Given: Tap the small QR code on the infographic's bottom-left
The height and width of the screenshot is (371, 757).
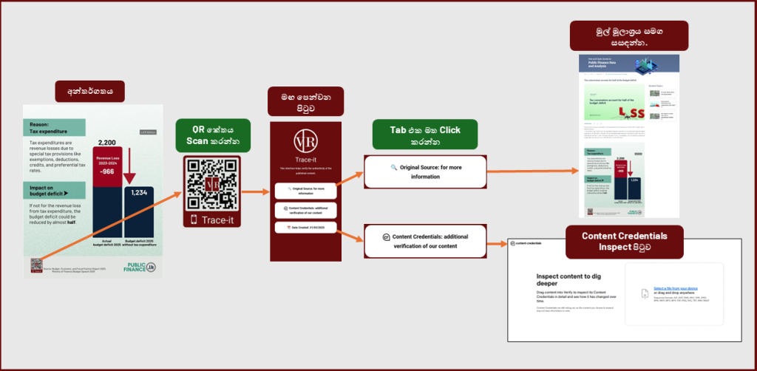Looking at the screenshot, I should pyautogui.click(x=36, y=265).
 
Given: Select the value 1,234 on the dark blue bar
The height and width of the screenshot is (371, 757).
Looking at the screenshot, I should pyautogui.click(x=139, y=193).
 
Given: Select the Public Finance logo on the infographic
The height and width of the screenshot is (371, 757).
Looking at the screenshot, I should pyautogui.click(x=140, y=267).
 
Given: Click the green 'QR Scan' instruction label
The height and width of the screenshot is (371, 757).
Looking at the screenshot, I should pyautogui.click(x=211, y=136).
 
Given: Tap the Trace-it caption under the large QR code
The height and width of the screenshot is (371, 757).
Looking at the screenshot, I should pyautogui.click(x=212, y=219).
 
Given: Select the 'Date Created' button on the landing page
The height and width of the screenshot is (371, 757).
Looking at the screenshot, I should pyautogui.click(x=305, y=226).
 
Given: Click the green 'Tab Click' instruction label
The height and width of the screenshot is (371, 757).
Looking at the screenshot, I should pyautogui.click(x=424, y=136).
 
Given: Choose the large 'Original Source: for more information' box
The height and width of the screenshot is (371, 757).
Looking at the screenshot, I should pyautogui.click(x=424, y=171).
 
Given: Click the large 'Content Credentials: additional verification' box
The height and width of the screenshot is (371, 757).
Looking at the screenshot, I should pyautogui.click(x=424, y=242).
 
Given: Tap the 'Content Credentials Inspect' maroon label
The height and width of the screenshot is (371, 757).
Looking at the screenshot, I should pyautogui.click(x=625, y=241).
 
